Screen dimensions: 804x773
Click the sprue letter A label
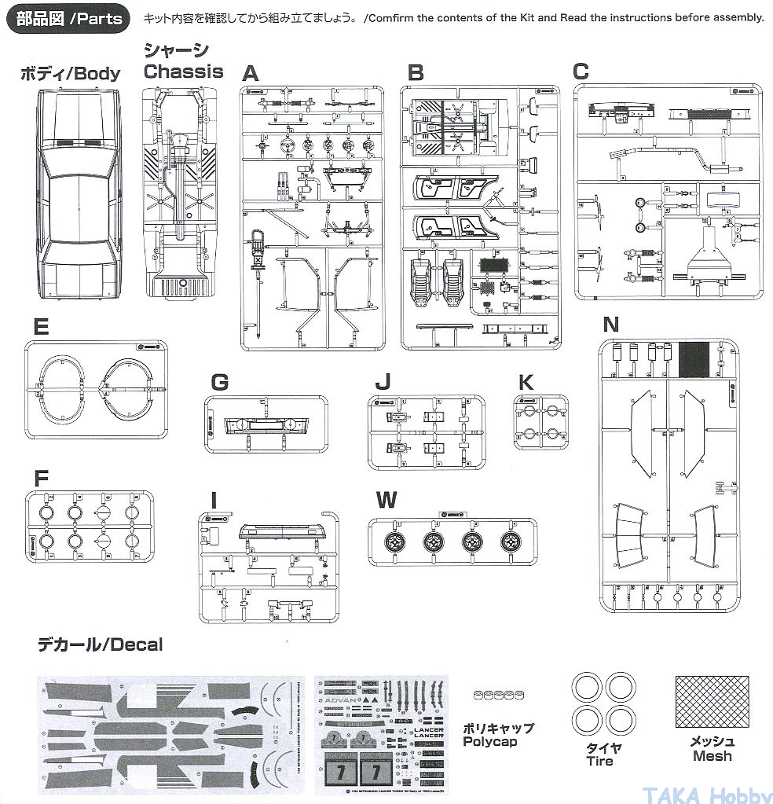click(250, 74)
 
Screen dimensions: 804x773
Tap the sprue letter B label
click(416, 73)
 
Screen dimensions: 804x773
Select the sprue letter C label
click(581, 72)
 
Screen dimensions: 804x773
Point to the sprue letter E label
click(42, 327)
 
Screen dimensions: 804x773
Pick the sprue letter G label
click(220, 383)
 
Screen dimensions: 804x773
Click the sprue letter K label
click(526, 382)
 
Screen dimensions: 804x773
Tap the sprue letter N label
click(610, 325)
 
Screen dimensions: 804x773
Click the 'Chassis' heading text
click(183, 72)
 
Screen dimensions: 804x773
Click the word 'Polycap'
click(490, 741)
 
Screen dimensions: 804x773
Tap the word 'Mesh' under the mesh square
click(712, 756)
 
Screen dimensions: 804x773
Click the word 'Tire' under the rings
click(600, 761)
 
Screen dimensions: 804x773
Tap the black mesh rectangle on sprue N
click(694, 361)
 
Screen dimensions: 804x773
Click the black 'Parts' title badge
click(69, 18)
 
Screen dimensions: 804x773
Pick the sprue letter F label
click(41, 479)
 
